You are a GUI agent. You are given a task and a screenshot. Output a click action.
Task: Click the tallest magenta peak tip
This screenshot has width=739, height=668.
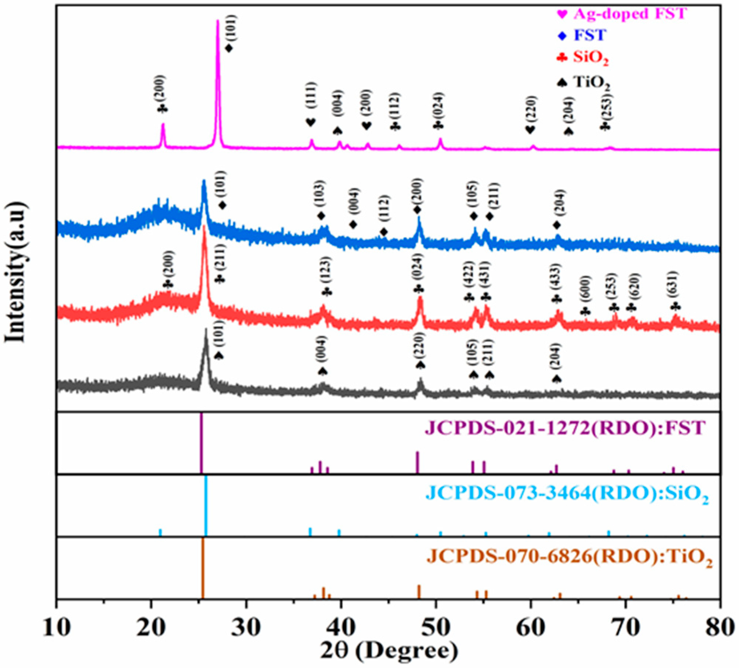(x=218, y=21)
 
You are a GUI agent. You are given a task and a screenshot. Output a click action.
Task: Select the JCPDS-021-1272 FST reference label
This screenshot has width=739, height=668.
(x=565, y=428)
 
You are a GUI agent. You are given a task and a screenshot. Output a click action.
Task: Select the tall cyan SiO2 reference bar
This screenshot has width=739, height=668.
(x=206, y=505)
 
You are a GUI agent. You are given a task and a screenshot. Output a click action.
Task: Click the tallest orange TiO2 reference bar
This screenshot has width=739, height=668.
(x=202, y=568)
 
